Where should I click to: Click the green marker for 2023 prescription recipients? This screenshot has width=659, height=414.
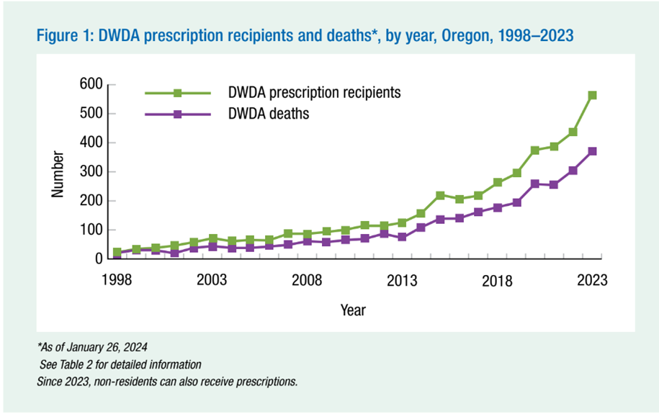point(592,95)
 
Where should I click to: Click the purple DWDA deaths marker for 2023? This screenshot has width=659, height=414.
point(592,151)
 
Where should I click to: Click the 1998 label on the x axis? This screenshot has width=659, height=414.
point(116,280)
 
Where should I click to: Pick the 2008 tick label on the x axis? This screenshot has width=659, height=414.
point(306,280)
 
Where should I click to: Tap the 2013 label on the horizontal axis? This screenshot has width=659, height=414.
point(401,280)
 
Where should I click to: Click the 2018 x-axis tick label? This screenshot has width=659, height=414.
point(497,280)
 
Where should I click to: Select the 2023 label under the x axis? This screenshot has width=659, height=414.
point(592,280)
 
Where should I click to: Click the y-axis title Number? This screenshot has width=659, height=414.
point(58,174)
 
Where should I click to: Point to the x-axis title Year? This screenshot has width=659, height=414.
point(353,310)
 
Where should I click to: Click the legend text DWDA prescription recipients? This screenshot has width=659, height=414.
point(314,93)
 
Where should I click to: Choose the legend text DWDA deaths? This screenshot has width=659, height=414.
point(269,114)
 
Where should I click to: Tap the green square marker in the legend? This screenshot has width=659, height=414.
point(177,93)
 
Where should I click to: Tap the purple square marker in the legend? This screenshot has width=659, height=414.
point(177,114)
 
